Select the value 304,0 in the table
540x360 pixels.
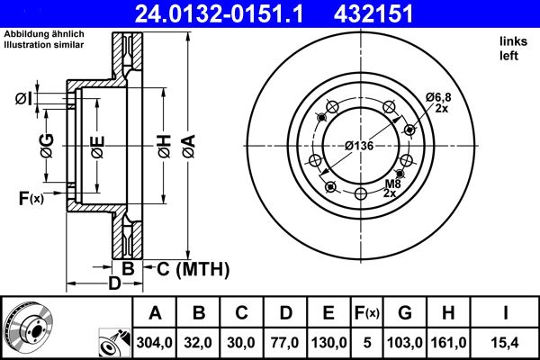click(155, 343)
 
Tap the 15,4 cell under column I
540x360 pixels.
click(506, 343)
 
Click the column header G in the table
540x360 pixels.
click(407, 313)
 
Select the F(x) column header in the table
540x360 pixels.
click(369, 313)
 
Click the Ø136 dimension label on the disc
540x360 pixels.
click(360, 147)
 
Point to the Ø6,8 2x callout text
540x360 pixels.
click(438, 102)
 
